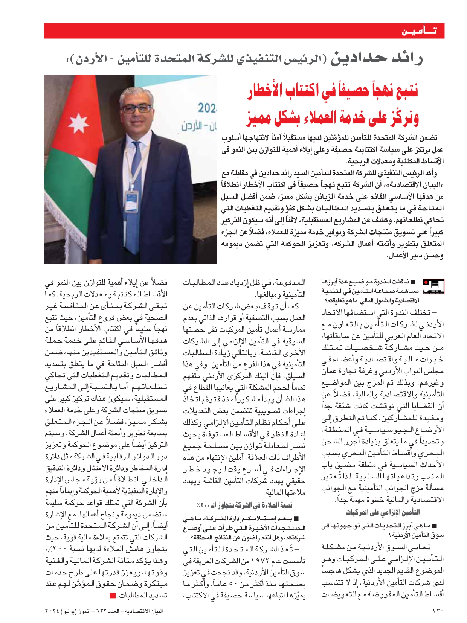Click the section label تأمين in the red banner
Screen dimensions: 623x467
(x=419, y=31)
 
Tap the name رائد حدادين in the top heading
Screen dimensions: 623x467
(x=377, y=58)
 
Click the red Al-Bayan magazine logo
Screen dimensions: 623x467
(x=433, y=287)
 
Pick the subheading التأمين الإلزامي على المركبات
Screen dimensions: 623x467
(x=383, y=512)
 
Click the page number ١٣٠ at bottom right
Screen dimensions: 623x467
(x=438, y=611)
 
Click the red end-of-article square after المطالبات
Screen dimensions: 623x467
(x=112, y=596)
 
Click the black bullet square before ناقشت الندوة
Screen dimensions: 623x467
(x=413, y=282)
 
